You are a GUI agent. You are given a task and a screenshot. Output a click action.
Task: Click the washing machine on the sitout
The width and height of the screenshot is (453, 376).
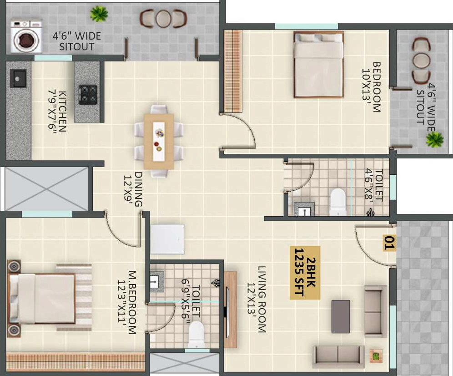(x=26, y=36)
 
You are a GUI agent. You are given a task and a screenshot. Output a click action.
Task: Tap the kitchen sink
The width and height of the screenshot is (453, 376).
(x=18, y=78)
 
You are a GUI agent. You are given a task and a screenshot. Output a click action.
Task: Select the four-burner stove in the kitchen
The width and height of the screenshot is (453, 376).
(x=88, y=95)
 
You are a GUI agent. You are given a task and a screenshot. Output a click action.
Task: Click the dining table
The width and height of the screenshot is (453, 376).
(x=159, y=141)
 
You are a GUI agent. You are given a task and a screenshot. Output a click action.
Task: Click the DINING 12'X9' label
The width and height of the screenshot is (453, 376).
(x=133, y=189)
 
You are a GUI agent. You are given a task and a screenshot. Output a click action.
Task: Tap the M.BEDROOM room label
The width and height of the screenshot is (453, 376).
(x=127, y=302)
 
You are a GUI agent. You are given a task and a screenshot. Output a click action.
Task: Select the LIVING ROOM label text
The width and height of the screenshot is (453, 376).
(x=256, y=300)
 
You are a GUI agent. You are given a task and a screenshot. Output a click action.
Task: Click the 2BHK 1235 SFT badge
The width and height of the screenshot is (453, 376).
(x=305, y=273)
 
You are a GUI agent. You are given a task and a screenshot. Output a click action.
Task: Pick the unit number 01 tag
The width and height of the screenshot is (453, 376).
(x=389, y=243)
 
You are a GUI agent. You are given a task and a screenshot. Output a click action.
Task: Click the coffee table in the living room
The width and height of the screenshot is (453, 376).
(x=341, y=316)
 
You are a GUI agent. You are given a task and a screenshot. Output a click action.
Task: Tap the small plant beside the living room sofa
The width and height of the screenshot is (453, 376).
(x=376, y=356)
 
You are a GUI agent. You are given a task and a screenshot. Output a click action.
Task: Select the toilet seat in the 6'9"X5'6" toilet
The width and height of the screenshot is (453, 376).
(x=196, y=335)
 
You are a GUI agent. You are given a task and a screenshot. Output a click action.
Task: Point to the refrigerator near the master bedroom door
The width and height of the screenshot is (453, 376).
(x=167, y=239)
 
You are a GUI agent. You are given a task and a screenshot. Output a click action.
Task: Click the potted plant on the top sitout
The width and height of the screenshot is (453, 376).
(x=99, y=14)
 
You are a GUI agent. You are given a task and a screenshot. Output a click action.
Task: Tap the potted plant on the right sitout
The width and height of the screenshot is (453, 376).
(x=434, y=139)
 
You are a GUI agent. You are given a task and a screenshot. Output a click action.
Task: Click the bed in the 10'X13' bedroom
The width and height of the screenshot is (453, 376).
(x=319, y=65)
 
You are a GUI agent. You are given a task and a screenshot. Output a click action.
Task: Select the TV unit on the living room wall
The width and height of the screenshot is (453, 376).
(x=230, y=309)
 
